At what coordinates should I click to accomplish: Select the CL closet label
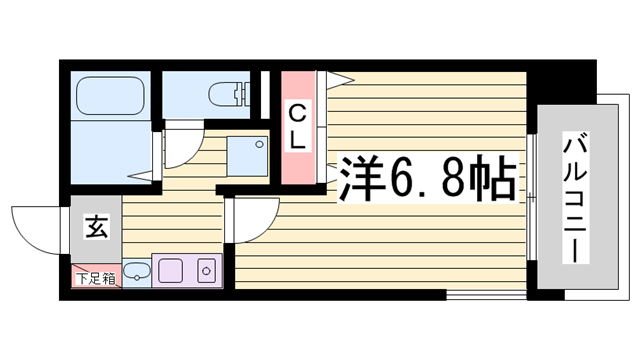point(297,126)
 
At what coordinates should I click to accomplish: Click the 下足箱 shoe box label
point(95,278)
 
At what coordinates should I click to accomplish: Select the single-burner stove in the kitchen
point(206,270)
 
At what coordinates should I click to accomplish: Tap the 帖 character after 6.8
point(494,179)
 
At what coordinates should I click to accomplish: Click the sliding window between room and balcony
point(531,190)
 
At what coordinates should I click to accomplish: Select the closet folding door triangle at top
point(340,78)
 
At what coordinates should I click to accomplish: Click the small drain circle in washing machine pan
point(259,143)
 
